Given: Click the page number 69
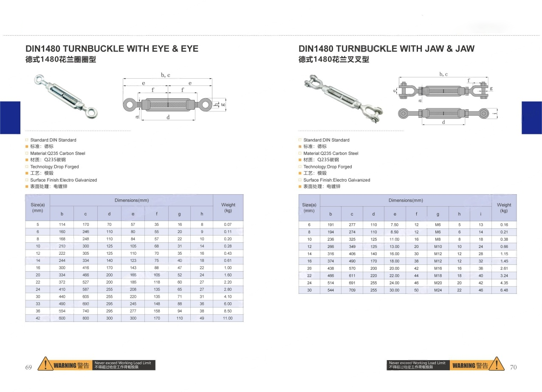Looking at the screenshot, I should (29, 367).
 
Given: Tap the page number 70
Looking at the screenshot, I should (513, 367).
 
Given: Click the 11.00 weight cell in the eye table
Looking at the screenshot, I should (228, 318).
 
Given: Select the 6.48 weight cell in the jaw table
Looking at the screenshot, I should (504, 290).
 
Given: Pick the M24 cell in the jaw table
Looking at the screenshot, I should (438, 290).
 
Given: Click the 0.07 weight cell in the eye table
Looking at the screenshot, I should (228, 224).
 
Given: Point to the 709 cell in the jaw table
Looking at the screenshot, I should (352, 290).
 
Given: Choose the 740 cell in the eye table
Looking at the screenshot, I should (86, 311).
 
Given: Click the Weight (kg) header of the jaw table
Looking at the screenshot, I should (504, 207).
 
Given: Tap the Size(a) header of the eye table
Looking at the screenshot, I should (38, 207).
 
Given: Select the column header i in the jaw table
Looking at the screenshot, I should (481, 214).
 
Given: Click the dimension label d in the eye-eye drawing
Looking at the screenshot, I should (168, 117).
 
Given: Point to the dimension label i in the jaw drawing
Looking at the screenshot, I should (496, 114).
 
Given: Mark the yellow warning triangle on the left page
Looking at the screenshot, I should (45, 364).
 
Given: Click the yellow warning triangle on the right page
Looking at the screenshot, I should (497, 364).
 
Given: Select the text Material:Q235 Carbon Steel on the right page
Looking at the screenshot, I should (331, 153).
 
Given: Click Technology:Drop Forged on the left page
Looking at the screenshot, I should (54, 167).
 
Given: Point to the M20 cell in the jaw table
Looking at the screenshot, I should (438, 283).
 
